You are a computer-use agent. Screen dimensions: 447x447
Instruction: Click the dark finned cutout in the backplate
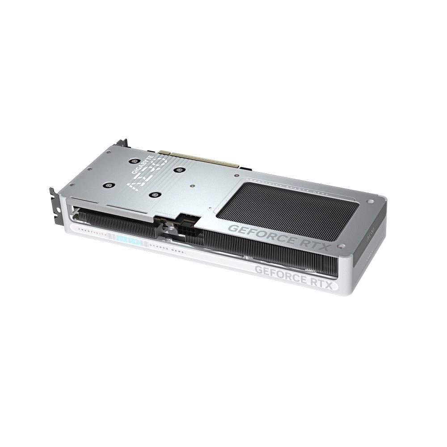(x=291, y=206)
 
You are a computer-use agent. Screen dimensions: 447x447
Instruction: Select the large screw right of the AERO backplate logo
(x=179, y=169)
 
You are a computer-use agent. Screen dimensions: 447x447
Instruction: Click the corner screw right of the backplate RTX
(x=342, y=246)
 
